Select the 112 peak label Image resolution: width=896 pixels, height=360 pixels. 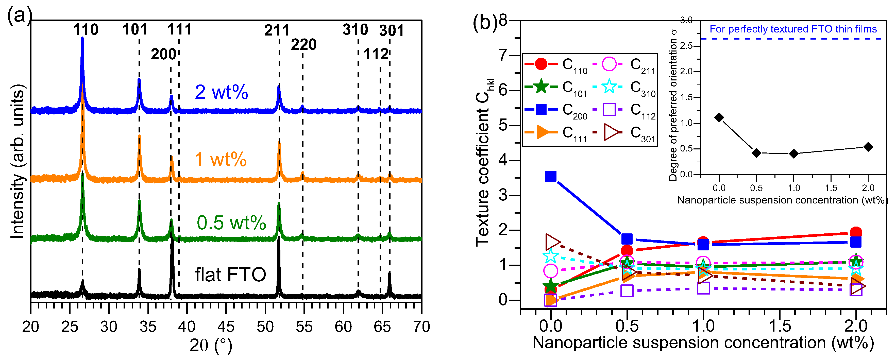pyautogui.click(x=376, y=54)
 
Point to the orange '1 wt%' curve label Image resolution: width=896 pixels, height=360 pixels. pyautogui.click(x=221, y=159)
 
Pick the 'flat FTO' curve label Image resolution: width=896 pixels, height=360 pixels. pyautogui.click(x=230, y=275)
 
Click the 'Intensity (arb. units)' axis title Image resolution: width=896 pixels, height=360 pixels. pyautogui.click(x=18, y=162)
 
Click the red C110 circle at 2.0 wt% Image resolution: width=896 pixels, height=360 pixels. pyautogui.click(x=856, y=232)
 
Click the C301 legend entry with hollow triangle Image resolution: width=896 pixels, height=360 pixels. pyautogui.click(x=624, y=132)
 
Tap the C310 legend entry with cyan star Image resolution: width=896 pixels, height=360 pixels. pyautogui.click(x=624, y=87)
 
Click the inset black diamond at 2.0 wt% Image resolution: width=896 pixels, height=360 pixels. pyautogui.click(x=868, y=147)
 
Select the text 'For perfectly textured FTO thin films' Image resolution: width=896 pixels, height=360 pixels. pyautogui.click(x=793, y=29)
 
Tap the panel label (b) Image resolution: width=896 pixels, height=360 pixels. pyautogui.click(x=485, y=23)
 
